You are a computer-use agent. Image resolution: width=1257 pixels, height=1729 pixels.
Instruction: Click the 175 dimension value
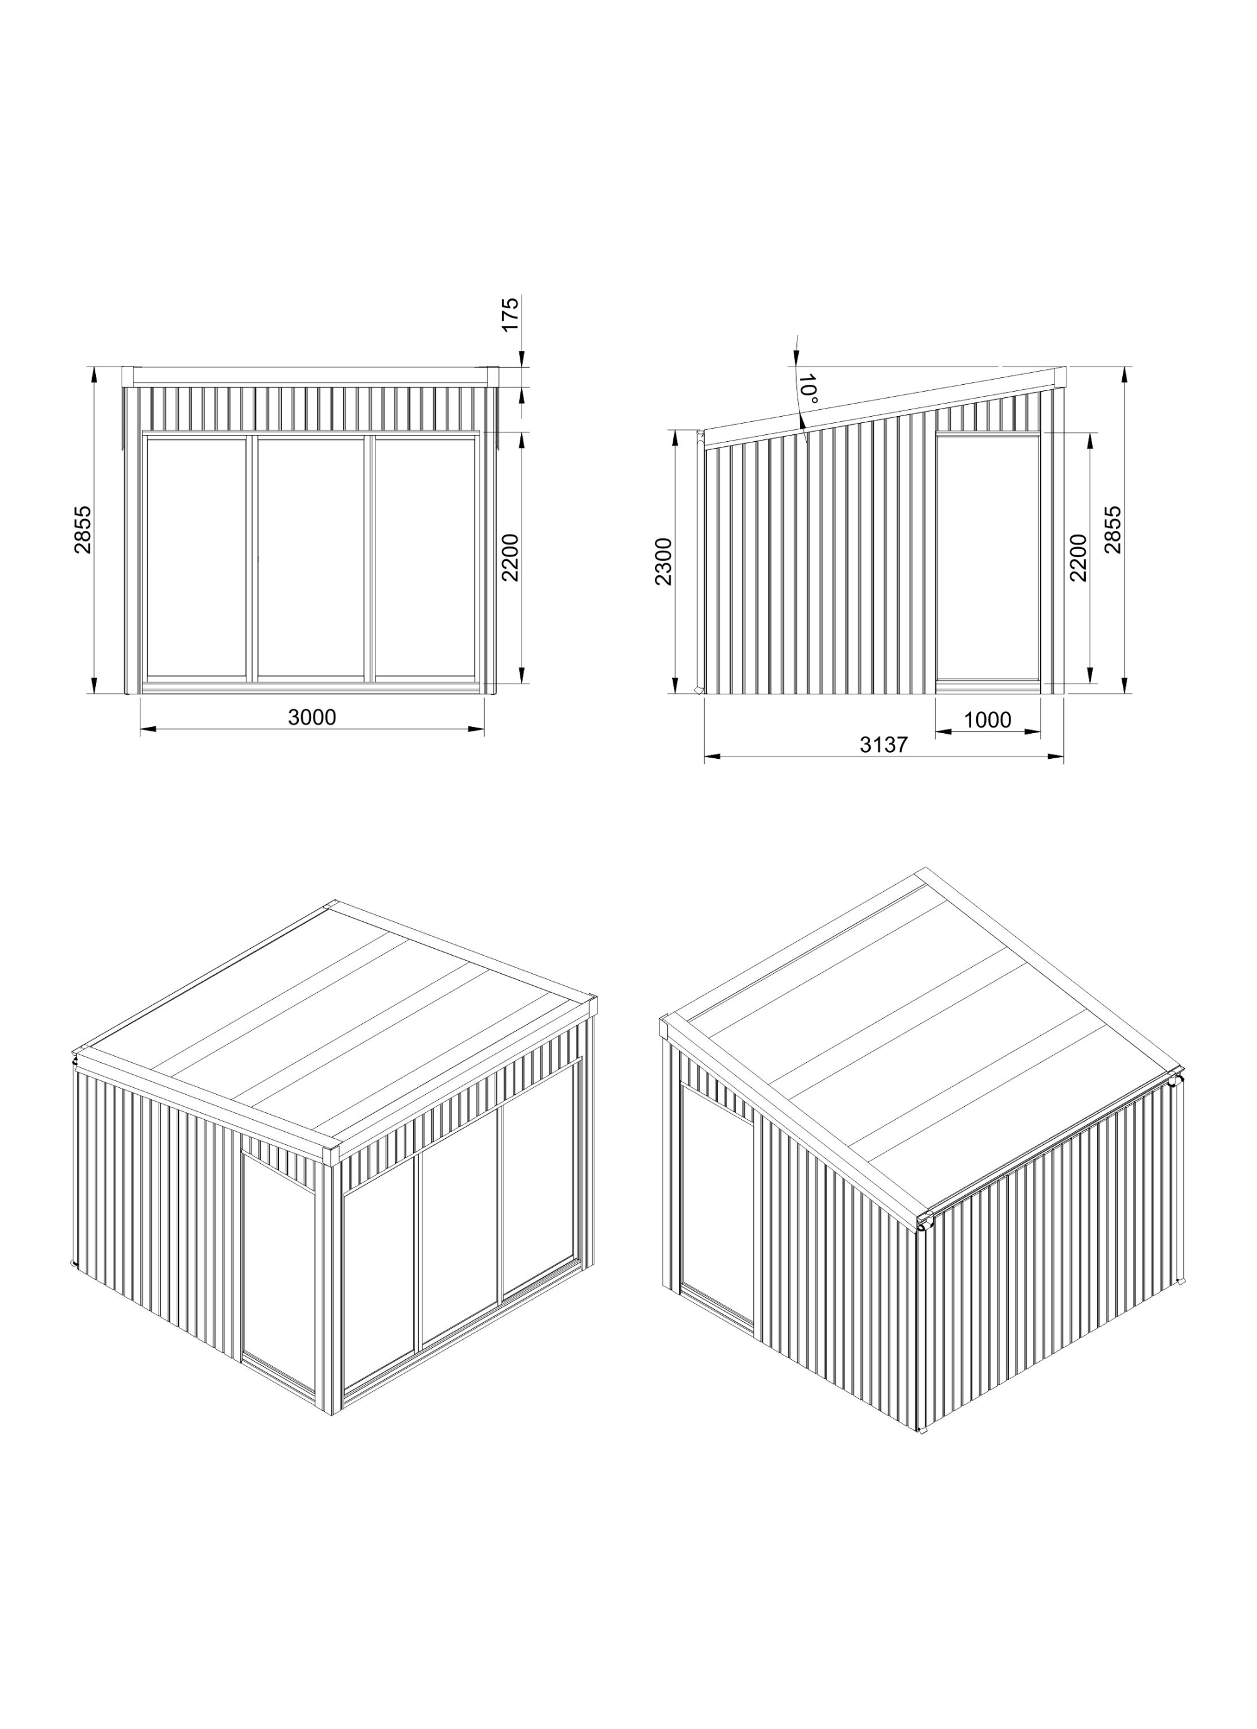click(x=510, y=313)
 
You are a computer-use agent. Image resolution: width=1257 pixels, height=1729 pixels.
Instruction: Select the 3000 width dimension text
click(x=312, y=718)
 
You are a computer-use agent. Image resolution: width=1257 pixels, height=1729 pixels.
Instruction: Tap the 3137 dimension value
click(x=884, y=745)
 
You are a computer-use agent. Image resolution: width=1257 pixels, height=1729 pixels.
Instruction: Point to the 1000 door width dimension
click(x=988, y=719)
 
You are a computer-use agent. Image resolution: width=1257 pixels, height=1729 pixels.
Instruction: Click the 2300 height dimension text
click(x=663, y=561)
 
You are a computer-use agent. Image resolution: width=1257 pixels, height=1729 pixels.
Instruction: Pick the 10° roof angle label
click(x=807, y=390)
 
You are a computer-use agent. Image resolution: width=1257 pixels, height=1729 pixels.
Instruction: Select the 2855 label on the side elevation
click(x=1113, y=529)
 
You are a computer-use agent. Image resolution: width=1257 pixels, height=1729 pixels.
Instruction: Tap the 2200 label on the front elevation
click(x=510, y=557)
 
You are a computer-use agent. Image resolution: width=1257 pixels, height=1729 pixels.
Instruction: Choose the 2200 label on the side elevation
click(x=1078, y=557)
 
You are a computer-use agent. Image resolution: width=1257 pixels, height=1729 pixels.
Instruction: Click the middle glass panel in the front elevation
click(x=310, y=557)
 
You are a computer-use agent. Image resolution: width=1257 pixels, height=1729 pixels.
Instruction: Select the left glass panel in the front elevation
click(x=197, y=557)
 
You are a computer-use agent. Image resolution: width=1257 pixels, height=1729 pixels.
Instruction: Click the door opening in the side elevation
click(x=989, y=557)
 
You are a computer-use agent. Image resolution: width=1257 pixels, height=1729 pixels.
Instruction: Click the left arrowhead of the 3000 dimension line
click(x=147, y=729)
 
